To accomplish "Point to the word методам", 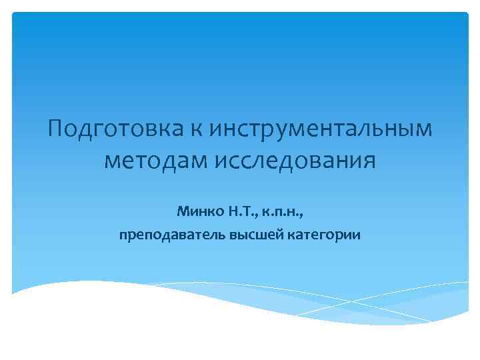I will [155, 161].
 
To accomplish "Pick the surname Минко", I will [198, 212].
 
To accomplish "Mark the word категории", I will [322, 235].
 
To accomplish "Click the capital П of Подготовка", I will [57, 128].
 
